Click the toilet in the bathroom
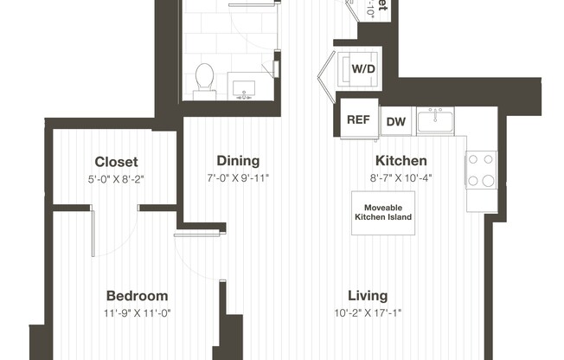point(205,78)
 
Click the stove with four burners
point(481,170)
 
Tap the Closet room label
point(116,162)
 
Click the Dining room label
point(238,161)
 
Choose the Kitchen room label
point(400,161)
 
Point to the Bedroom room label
point(137,295)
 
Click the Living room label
point(368,295)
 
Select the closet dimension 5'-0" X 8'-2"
point(116,180)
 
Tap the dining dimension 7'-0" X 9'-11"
point(238,179)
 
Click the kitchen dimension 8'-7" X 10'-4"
point(400,179)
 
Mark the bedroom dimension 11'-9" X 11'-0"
point(137,313)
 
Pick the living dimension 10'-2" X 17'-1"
point(368,313)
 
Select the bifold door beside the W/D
point(326,72)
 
